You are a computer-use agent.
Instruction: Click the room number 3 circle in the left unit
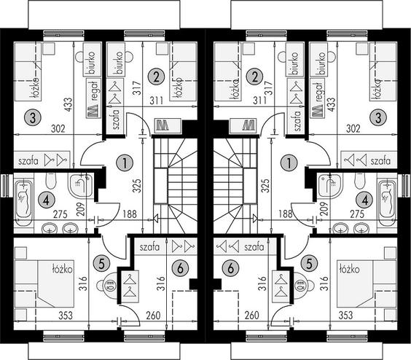33,117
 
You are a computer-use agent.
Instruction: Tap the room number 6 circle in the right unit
230,268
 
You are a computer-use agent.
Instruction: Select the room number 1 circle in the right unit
289,163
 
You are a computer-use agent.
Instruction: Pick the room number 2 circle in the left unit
156,77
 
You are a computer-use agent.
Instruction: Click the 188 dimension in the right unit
286,214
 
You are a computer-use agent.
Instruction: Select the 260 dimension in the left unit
153,315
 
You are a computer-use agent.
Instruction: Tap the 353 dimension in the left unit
66,315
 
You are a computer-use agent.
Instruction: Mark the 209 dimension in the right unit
324,208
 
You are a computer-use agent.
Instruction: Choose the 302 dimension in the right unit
353,129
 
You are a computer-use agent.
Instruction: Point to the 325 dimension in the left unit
137,186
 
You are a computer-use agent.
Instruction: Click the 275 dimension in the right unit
357,214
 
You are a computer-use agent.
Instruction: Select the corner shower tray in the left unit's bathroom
81,185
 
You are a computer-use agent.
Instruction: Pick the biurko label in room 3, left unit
92,63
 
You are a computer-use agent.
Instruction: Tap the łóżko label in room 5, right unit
349,269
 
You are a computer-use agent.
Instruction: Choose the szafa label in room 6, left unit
149,247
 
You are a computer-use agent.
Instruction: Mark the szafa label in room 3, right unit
380,161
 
